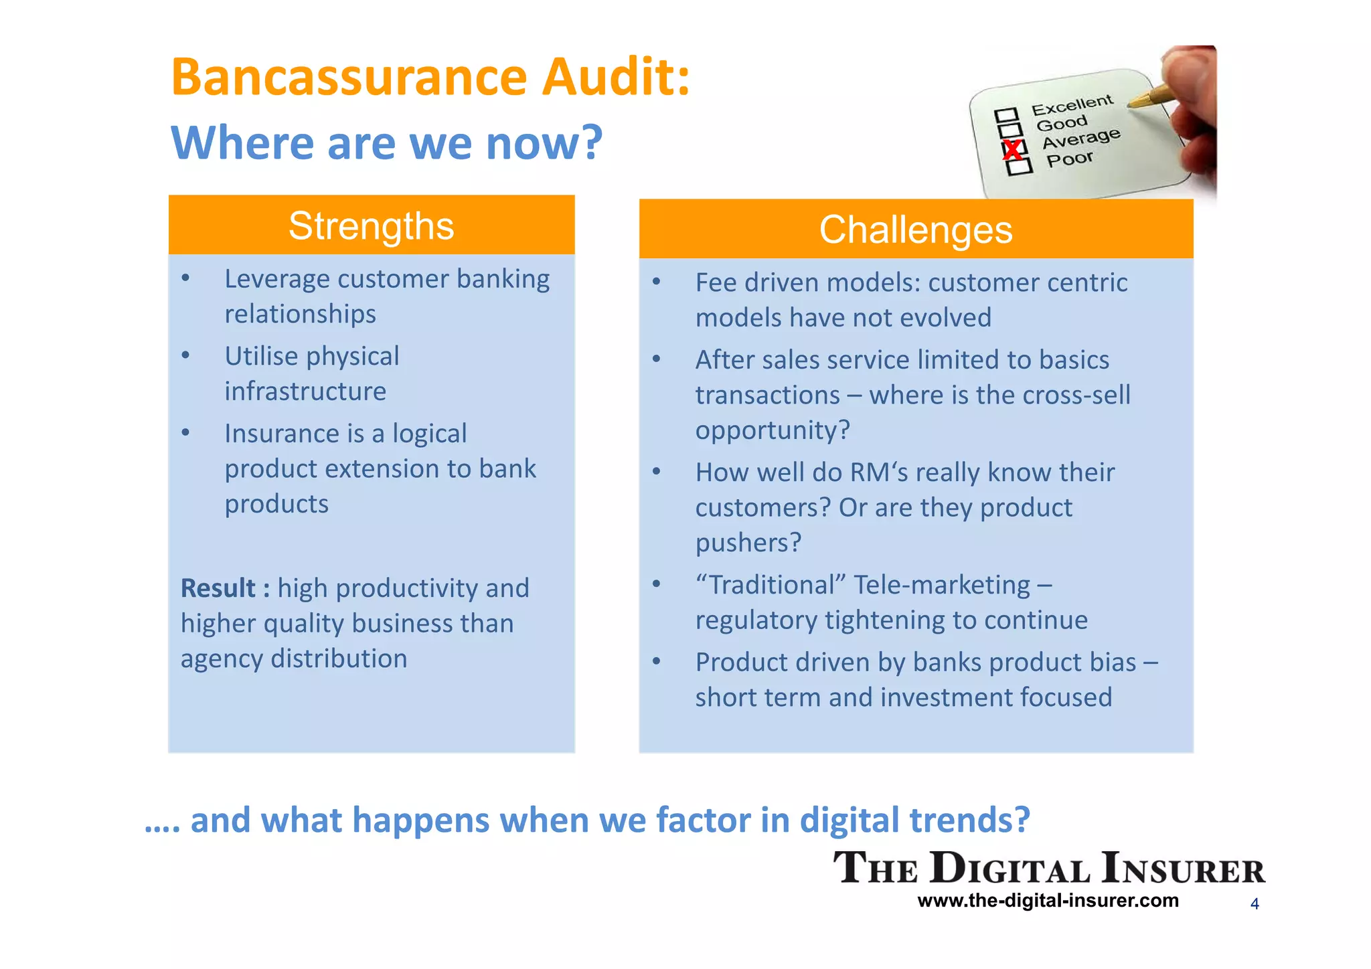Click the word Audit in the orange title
pyautogui.click(x=615, y=78)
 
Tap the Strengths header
pyautogui.click(x=372, y=226)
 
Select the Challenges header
pyautogui.click(x=916, y=230)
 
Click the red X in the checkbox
pyautogui.click(x=1013, y=149)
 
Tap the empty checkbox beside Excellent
pyautogui.click(x=1006, y=116)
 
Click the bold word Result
pyautogui.click(x=218, y=588)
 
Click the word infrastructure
pyautogui.click(x=305, y=391)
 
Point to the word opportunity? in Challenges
pyautogui.click(x=773, y=430)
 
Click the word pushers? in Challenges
pyautogui.click(x=748, y=543)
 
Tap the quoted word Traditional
pyautogui.click(x=771, y=586)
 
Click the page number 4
pyautogui.click(x=1255, y=904)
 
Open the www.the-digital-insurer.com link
pyautogui.click(x=1048, y=901)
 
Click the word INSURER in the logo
pyautogui.click(x=1184, y=869)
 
